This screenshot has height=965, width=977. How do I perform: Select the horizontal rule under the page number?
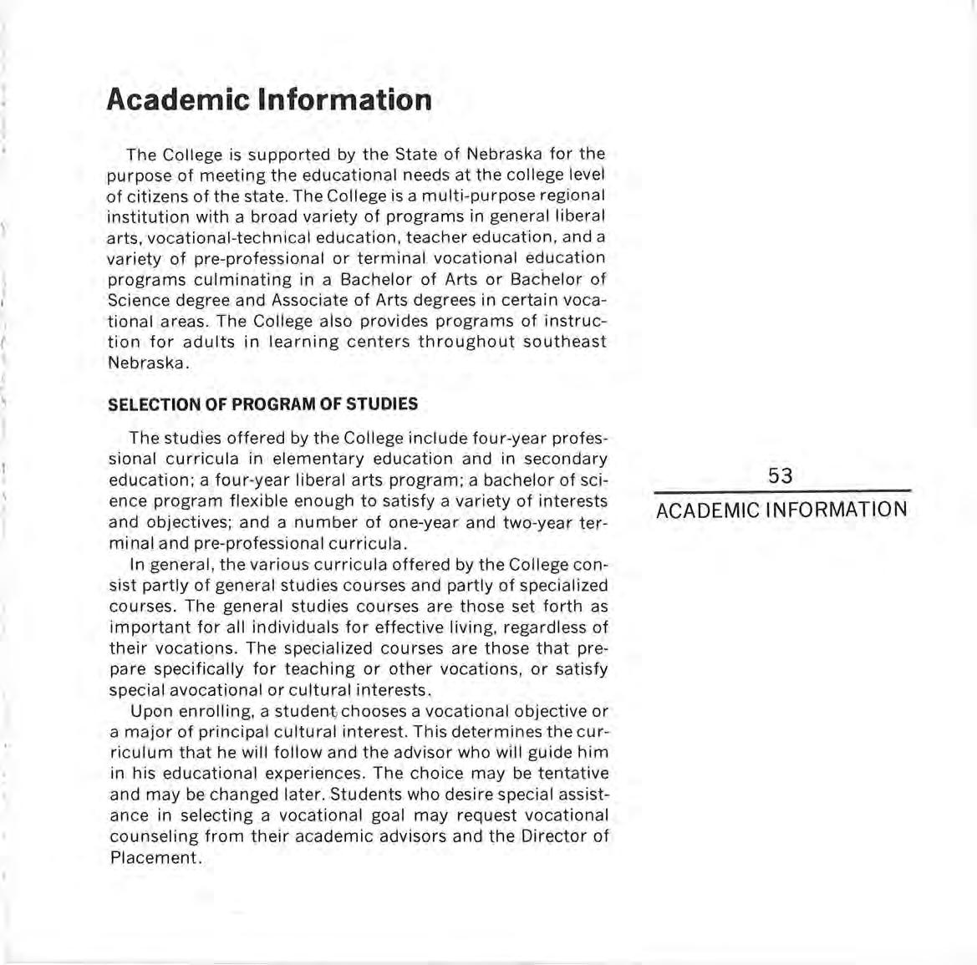(x=781, y=491)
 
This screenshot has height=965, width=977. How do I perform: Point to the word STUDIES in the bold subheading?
(x=382, y=404)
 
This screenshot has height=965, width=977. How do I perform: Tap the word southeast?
(x=565, y=342)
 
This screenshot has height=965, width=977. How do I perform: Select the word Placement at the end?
(x=155, y=858)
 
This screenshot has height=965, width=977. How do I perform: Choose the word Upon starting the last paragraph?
(x=151, y=711)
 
